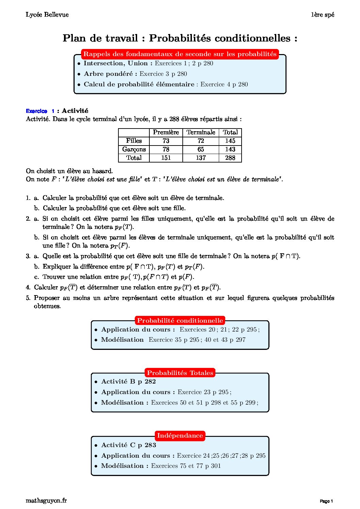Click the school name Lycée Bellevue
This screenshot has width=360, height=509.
coord(47,15)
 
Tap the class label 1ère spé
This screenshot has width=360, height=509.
coord(322,15)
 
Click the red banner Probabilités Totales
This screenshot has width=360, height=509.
coord(180,373)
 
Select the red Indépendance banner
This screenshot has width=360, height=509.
coord(180,436)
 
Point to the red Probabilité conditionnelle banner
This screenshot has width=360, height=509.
coord(180,320)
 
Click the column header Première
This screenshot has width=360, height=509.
coord(166,132)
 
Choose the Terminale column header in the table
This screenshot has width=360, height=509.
coord(201,132)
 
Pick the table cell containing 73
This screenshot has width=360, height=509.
coord(166,141)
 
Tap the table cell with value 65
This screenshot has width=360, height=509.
coord(201,149)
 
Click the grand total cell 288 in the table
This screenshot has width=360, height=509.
coord(230,158)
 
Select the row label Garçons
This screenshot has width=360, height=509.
coord(134,149)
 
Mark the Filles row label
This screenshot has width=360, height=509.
coord(134,141)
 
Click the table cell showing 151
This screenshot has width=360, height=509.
coord(166,158)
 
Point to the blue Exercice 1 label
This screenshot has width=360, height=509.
coord(40,111)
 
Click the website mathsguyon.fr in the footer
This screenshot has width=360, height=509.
coord(46,500)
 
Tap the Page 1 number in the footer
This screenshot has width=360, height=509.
coord(326,501)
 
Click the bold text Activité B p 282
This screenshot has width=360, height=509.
coord(128,381)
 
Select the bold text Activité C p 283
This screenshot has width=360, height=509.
coord(128,445)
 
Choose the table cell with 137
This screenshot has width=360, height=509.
coord(201,158)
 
